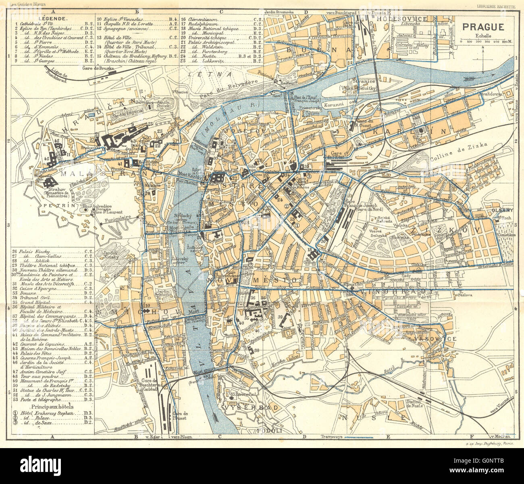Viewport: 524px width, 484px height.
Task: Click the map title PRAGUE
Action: pyautogui.click(x=483, y=27)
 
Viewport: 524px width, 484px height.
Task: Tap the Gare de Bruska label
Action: pyautogui.click(x=99, y=69)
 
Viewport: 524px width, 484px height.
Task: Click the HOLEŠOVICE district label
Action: pyautogui.click(x=399, y=19)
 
